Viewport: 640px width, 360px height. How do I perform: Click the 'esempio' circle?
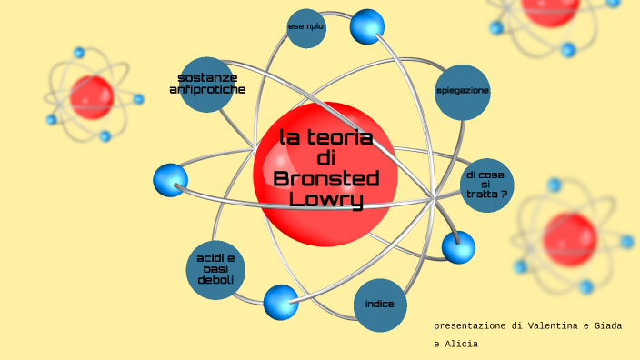(x=306, y=27)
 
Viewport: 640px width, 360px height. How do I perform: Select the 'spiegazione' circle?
(x=463, y=92)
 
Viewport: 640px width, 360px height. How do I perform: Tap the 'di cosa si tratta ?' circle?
(x=486, y=185)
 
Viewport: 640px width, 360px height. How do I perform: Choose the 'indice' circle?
(x=380, y=304)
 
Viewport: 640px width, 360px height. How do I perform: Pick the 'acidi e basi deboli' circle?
(x=215, y=269)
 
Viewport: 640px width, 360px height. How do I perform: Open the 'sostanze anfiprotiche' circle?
(x=207, y=84)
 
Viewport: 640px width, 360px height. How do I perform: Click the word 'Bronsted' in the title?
(x=325, y=179)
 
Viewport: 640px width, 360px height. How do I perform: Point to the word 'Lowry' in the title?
(x=325, y=200)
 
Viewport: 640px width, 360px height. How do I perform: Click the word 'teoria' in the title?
(x=340, y=138)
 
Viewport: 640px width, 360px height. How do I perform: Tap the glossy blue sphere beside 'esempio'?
(x=367, y=26)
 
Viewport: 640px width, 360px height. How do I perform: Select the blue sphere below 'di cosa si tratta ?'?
(x=458, y=246)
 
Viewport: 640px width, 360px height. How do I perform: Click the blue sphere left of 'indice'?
(x=281, y=302)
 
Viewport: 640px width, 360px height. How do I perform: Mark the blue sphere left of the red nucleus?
(x=170, y=180)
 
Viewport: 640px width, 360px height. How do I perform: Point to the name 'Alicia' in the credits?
(x=462, y=344)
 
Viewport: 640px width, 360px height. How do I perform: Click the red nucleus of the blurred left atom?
(x=92, y=97)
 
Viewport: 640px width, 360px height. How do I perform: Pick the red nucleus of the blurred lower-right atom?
(x=569, y=238)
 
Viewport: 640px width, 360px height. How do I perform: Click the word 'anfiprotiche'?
(x=207, y=90)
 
